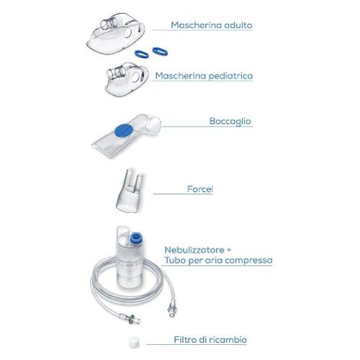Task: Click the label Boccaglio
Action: tap(230, 121)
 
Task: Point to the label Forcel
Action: tap(200, 189)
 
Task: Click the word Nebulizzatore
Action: tap(194, 250)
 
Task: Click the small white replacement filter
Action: tap(134, 343)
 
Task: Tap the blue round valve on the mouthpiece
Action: tap(124, 130)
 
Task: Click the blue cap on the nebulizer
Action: tap(136, 238)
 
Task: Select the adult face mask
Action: tap(115, 34)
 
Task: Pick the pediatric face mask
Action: tap(127, 79)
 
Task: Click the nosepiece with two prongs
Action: tap(130, 191)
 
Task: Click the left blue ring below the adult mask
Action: tap(142, 54)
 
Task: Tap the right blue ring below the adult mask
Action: tap(160, 51)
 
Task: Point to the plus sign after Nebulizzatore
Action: tap(228, 250)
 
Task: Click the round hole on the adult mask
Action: tap(127, 32)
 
